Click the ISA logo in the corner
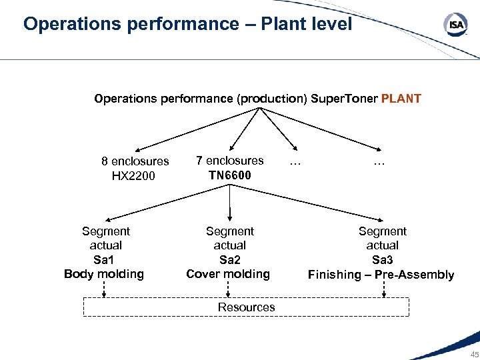coord(455,25)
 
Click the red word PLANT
coord(401,99)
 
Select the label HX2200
coord(134,176)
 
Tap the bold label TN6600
coord(230,175)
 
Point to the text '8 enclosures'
coord(135,161)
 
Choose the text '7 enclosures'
coord(230,161)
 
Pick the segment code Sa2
coord(229,259)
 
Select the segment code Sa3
coord(382,260)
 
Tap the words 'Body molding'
coord(104,274)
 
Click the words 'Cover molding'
coord(229,274)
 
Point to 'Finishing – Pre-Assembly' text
coord(381,275)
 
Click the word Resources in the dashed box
coord(246,307)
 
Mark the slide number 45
coord(474,354)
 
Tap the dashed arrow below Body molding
coord(104,289)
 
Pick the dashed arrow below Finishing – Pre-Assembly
coord(383,289)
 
